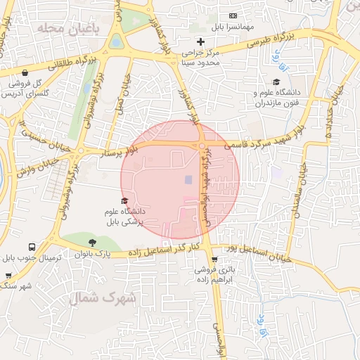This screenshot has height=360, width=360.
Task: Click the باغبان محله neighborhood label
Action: coord(61,29)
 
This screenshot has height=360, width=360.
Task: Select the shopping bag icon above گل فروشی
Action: coord(25,72)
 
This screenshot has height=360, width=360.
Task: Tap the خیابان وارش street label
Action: coord(33,164)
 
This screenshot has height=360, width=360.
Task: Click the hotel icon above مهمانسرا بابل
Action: coord(233,16)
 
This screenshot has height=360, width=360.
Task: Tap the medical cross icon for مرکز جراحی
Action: coord(200,41)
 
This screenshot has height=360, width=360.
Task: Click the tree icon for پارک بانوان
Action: coord(92,243)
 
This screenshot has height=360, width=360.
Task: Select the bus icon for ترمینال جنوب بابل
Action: coord(32,247)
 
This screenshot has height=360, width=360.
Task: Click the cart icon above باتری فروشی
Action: coord(224,257)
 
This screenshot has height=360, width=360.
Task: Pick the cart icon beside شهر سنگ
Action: coord(8,276)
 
